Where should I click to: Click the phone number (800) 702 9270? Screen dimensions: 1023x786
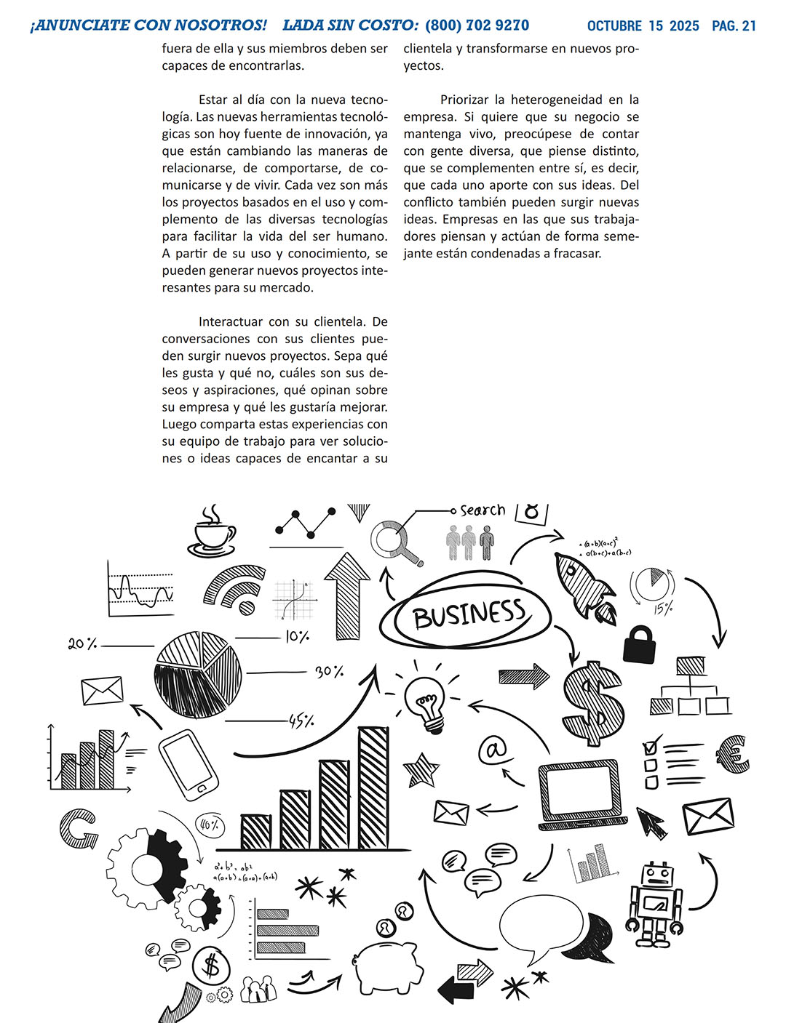point(477,25)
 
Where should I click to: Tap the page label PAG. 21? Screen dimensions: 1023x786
point(734,26)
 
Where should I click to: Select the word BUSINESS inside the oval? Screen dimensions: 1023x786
point(469,615)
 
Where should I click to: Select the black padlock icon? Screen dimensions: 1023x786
point(640,643)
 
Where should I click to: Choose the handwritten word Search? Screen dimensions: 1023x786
point(483,510)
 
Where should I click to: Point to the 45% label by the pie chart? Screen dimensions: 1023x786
point(301,721)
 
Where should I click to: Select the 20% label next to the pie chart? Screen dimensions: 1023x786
point(82,643)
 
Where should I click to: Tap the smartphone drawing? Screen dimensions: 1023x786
point(188,765)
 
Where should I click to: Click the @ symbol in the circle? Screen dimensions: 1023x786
point(493,749)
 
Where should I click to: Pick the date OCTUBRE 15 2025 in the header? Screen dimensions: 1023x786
point(643,26)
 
